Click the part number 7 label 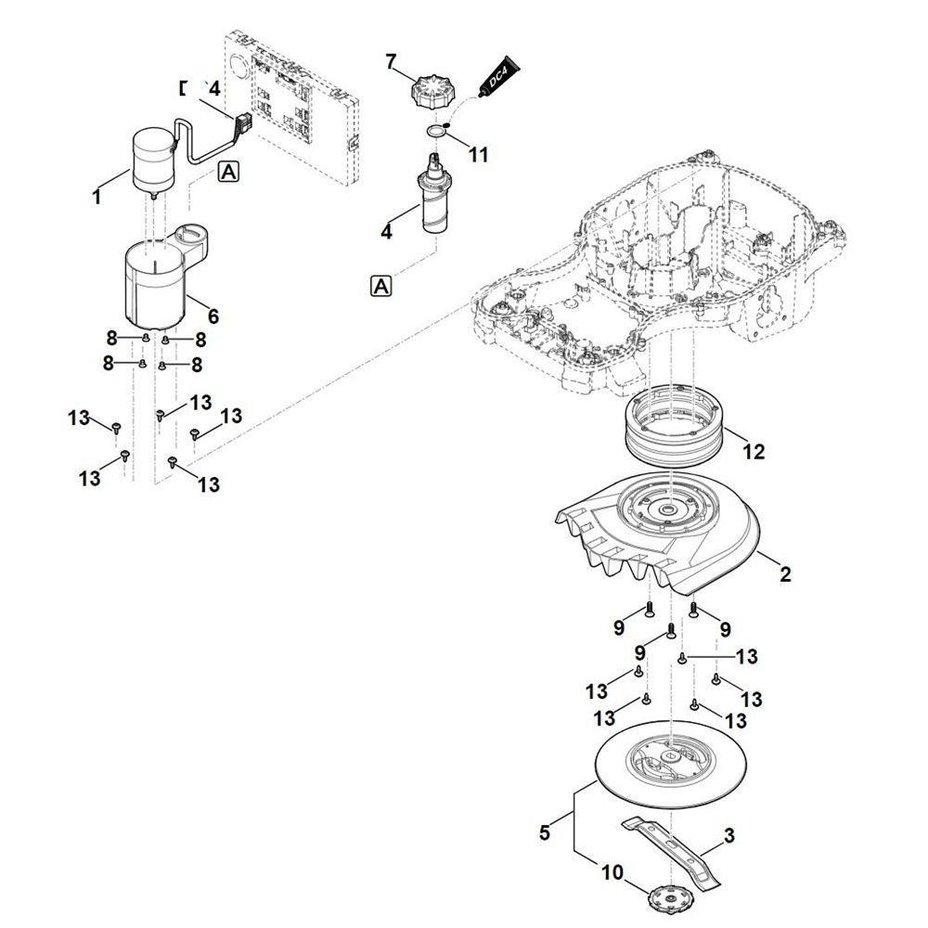(x=392, y=61)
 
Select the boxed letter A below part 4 (x=380, y=286)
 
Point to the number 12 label (x=754, y=452)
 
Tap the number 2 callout (x=785, y=575)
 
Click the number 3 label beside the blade (x=729, y=836)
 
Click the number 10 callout (x=612, y=873)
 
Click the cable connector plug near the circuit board (x=245, y=122)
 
